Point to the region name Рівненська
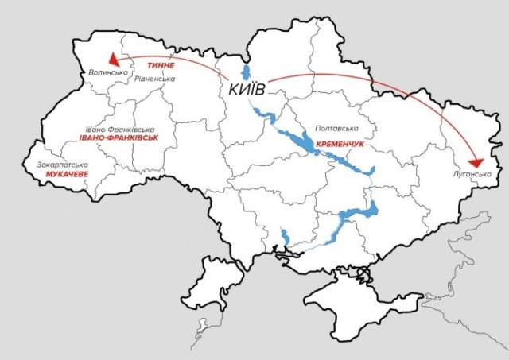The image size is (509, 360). (x=154, y=79)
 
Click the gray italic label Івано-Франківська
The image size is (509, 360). (x=119, y=129)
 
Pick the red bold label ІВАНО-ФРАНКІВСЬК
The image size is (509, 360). (x=119, y=137)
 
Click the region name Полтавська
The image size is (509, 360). (x=337, y=128)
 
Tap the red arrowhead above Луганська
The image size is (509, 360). (x=478, y=157)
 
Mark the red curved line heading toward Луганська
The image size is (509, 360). (x=374, y=82)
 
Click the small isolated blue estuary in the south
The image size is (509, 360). (x=284, y=236)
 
